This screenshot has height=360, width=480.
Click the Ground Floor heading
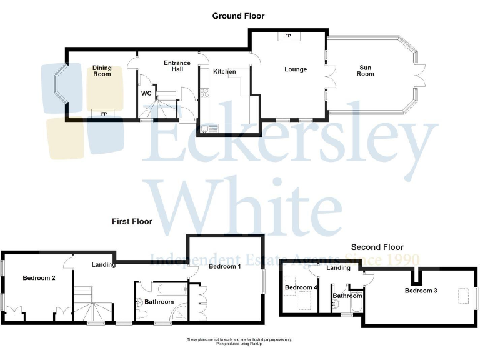coord(238,16)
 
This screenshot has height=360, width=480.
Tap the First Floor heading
coord(132,221)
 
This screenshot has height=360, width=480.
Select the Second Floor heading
coord(377,247)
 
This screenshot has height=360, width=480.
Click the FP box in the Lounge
coord(288,36)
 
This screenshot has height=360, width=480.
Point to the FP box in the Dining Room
coord(104,113)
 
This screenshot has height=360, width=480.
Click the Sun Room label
coord(366,71)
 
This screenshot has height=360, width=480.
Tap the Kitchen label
coord(224,72)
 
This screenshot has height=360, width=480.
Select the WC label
coord(146,93)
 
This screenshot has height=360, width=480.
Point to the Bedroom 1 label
coord(225,267)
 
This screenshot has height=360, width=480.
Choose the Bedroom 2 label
coord(39,278)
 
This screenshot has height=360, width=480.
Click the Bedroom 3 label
coord(421,291)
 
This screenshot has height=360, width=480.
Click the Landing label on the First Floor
coord(103,264)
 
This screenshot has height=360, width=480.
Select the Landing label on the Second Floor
coord(339,268)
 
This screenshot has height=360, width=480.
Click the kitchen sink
coord(208,129)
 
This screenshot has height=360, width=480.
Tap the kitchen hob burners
coord(205,93)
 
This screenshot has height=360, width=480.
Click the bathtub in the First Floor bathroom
coord(170,289)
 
